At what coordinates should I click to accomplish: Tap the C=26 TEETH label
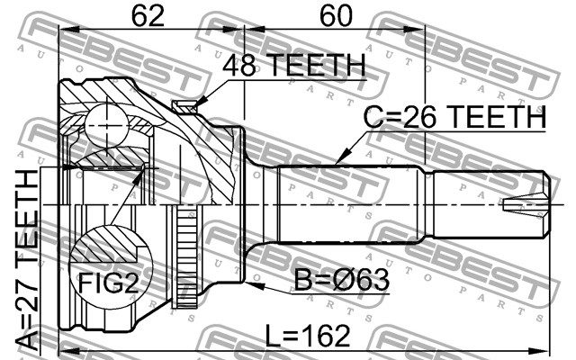(454, 117)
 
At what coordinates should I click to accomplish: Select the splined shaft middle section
(351, 205)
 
